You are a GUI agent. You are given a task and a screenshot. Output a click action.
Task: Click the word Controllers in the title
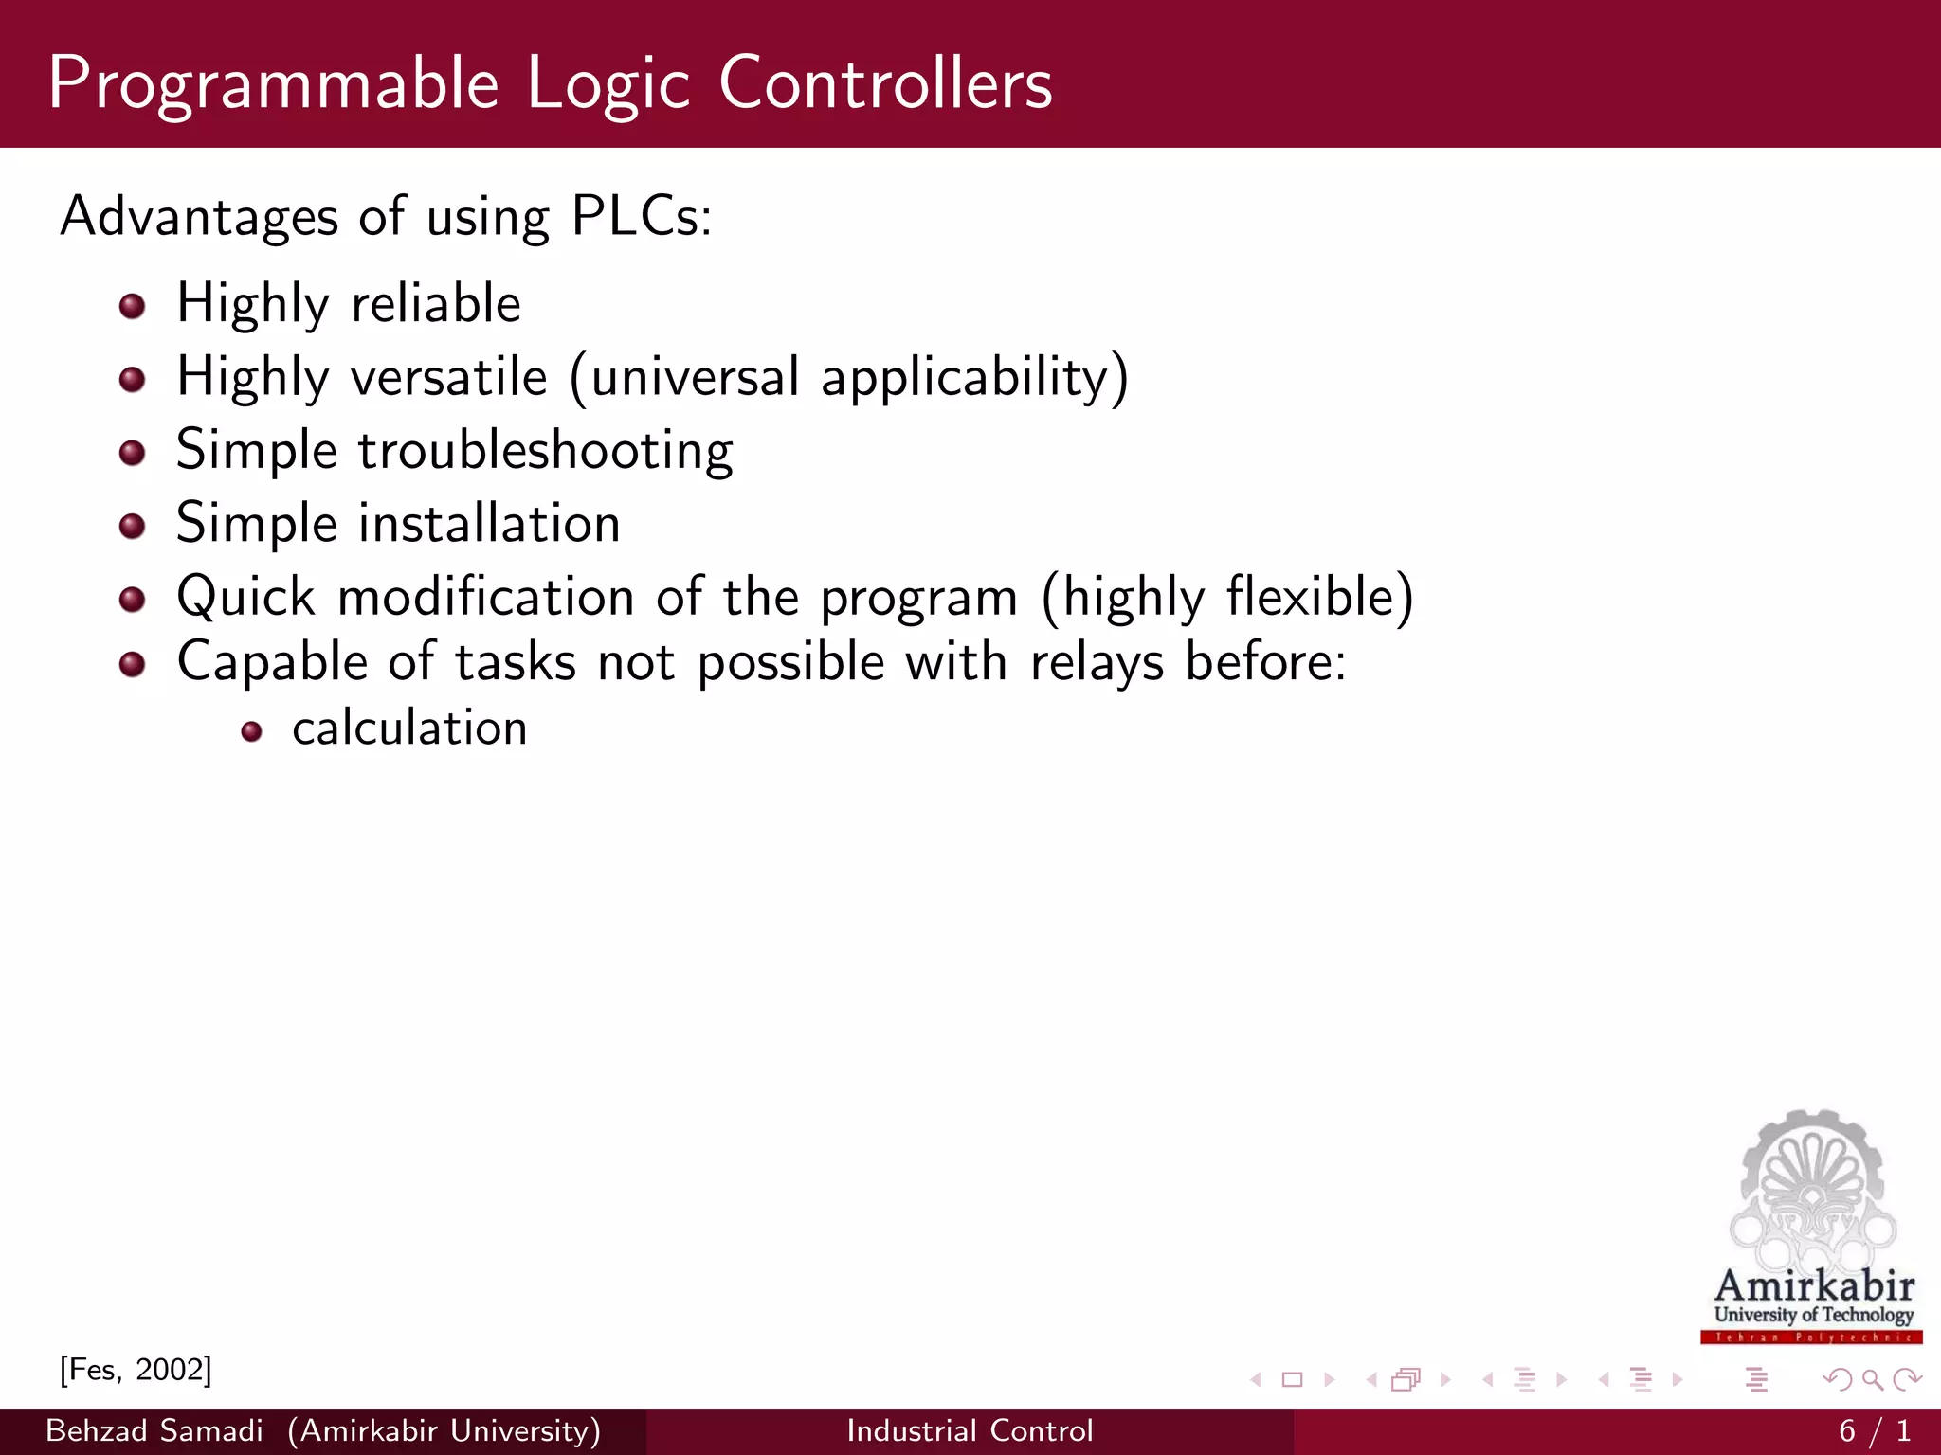pos(885,83)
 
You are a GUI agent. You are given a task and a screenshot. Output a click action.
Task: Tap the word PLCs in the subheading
pos(641,216)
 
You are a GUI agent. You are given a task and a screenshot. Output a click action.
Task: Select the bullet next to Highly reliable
pos(133,306)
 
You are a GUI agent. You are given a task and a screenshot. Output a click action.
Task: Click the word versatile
pos(449,377)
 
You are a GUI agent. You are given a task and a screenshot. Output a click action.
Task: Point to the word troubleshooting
pos(545,451)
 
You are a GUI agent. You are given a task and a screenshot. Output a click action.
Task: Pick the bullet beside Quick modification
pos(133,599)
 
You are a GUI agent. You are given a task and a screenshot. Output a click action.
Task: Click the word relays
pos(1097,662)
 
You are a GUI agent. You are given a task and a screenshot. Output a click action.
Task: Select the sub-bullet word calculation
pos(409,728)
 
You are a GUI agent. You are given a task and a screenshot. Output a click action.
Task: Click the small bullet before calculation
pos(251,731)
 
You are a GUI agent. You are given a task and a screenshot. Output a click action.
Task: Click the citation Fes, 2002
pos(136,1370)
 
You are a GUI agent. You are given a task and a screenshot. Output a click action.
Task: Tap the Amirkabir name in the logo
pos(1814,1286)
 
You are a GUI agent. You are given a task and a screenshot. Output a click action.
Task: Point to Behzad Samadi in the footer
pos(154,1430)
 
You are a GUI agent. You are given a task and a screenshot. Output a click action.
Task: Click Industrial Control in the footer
pos(970,1430)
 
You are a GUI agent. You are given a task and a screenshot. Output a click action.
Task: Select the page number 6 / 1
pos(1874,1430)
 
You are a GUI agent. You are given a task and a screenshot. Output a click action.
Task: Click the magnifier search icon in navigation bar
pos(1872,1380)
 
